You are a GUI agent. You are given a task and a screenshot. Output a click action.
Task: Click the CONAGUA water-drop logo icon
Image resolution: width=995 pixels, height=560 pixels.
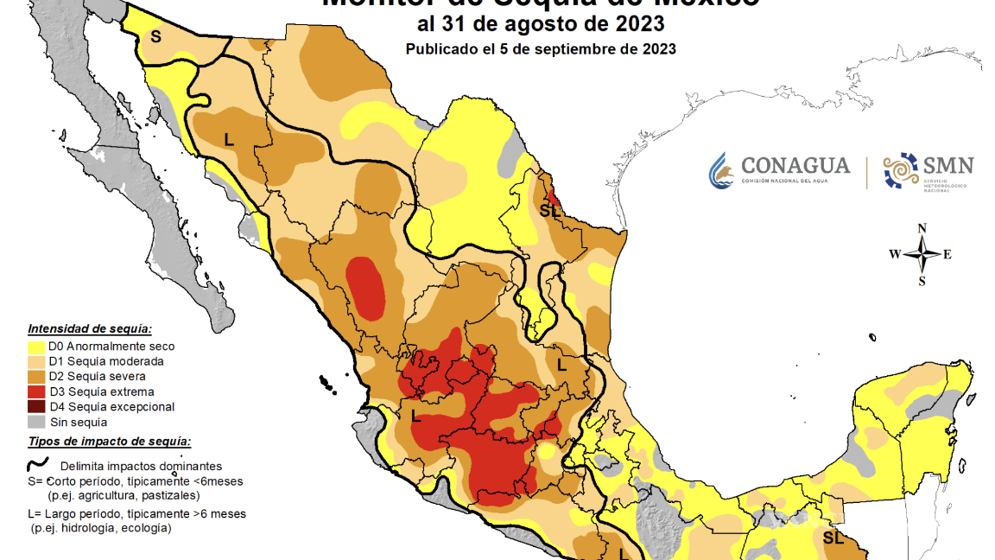(x=721, y=170)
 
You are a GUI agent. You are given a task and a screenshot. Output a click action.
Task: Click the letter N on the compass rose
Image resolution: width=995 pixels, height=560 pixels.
(x=922, y=228)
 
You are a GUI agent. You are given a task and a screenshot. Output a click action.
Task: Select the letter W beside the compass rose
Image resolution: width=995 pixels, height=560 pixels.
(x=894, y=254)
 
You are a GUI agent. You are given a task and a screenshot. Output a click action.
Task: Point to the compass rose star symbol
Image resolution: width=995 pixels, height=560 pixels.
(x=922, y=254)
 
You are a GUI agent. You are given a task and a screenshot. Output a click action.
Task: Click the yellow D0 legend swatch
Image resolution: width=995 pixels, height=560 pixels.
(x=35, y=347)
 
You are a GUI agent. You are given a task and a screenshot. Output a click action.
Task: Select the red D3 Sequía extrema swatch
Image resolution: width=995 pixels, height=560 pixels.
(x=35, y=391)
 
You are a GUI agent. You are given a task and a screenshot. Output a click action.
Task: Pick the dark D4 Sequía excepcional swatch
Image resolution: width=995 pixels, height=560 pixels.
(x=35, y=406)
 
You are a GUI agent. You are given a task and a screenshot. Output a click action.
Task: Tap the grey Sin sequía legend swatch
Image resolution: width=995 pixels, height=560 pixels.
(x=35, y=422)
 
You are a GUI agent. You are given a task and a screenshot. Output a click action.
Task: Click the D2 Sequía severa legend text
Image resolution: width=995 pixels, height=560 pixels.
(x=97, y=377)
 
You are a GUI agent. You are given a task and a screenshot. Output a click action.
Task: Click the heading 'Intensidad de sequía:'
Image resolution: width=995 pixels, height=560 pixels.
(x=90, y=329)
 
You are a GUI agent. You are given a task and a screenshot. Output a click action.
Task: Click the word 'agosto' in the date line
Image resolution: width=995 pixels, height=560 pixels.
(x=535, y=22)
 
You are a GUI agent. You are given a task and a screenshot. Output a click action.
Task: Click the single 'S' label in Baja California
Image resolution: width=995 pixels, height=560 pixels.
(x=155, y=36)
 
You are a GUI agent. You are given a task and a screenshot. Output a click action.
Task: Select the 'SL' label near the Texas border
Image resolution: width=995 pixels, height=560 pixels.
(x=549, y=210)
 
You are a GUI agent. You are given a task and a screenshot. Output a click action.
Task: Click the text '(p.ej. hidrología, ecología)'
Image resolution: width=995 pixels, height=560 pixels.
(x=99, y=527)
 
